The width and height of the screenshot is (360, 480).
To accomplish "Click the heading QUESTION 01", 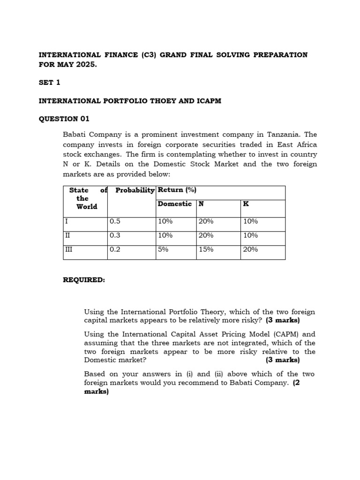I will pos(64,119).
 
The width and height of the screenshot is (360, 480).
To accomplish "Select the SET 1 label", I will pos(49,82).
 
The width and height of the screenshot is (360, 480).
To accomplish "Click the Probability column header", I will pos(135,190).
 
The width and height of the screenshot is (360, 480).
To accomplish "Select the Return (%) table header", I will pos(177,190).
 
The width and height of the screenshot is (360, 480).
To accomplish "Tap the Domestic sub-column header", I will pos(174,204).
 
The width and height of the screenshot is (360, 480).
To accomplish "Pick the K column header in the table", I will pos(246,204).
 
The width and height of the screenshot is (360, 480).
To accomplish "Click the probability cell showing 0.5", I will pos(115,221).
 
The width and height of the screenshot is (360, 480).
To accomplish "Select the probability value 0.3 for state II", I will pos(115,235).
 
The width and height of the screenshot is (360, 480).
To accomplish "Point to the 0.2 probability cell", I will pos(115,249).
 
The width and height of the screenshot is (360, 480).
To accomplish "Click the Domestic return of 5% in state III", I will pos(163,249).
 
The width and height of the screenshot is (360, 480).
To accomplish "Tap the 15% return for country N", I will pos(206,249).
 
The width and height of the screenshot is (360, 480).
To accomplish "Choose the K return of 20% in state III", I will pos(250,249).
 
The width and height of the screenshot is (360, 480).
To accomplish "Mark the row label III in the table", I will pos(69,249).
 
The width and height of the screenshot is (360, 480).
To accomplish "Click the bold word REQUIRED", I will pos(84,280).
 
